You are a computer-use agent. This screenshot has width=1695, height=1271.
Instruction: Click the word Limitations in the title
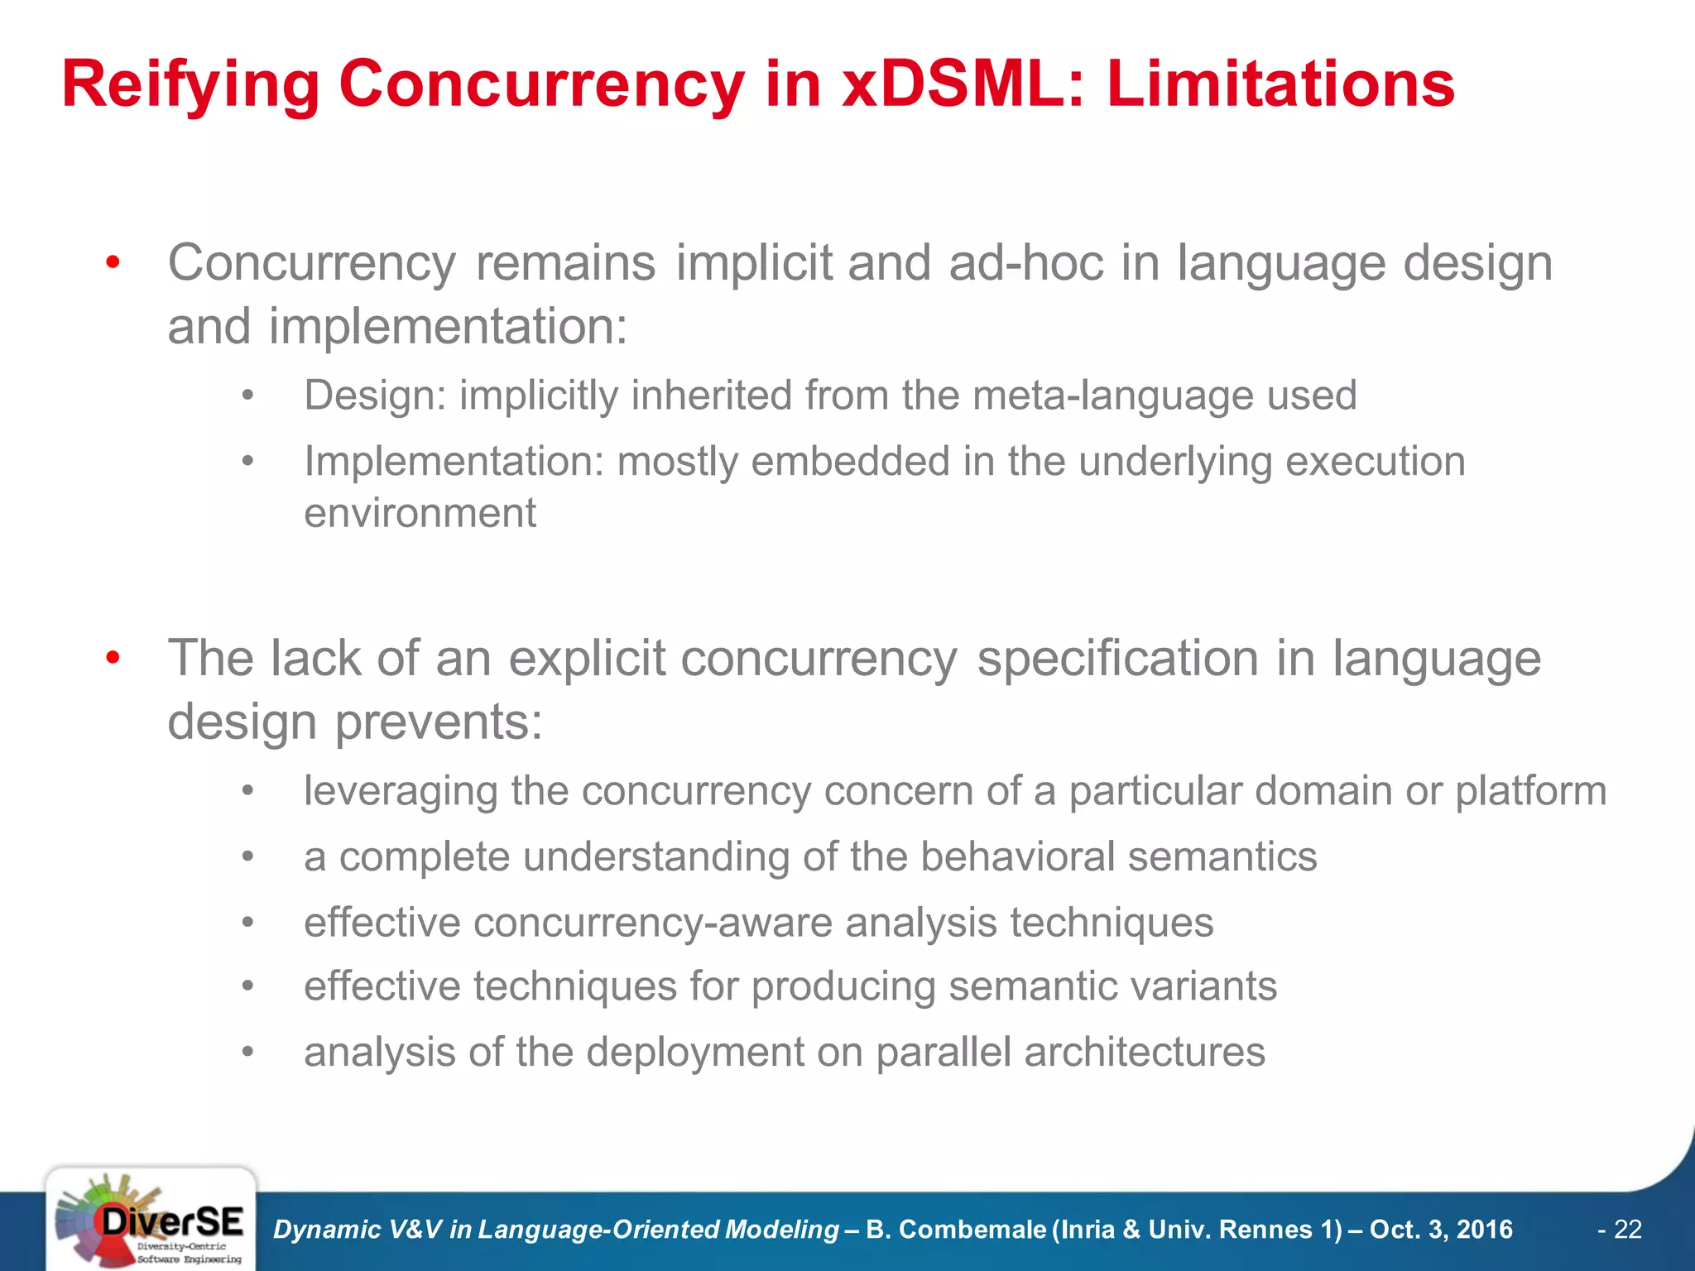tap(1280, 84)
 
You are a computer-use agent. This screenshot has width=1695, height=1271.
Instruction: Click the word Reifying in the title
tap(190, 84)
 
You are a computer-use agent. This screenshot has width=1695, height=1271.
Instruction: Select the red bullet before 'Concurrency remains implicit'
tap(113, 263)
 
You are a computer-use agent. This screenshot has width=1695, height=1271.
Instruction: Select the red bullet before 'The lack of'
tap(113, 659)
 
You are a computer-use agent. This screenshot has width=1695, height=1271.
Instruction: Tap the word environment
tap(420, 513)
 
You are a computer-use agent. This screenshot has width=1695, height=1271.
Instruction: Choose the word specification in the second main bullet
tap(1117, 659)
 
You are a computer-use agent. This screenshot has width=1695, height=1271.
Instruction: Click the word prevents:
tap(438, 722)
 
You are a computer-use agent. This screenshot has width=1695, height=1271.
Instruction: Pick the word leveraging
tap(400, 791)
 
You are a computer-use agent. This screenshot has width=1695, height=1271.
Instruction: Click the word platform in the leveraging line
tap(1530, 791)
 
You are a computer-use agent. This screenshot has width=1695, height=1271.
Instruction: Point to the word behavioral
tap(1017, 856)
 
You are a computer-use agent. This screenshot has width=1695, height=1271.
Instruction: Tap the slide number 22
tap(1627, 1230)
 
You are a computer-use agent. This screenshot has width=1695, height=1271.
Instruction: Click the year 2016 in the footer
tap(1484, 1230)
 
